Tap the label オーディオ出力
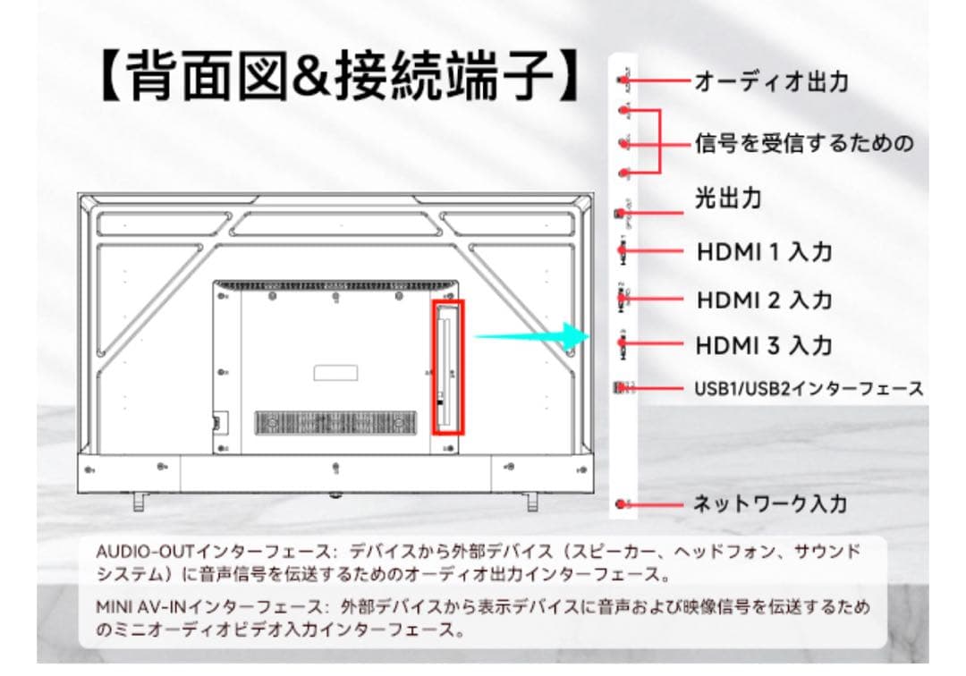coord(771,82)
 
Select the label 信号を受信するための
coord(804,143)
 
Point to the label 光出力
coord(728,198)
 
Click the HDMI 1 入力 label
coord(764,252)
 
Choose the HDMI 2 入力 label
coord(764,300)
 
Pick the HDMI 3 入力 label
coord(764,345)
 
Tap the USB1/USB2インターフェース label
coord(809,389)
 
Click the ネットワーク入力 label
coord(770,503)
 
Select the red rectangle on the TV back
coord(449,367)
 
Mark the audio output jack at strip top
coord(623,80)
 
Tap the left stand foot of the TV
coord(139,502)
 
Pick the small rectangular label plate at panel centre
coord(335,371)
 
